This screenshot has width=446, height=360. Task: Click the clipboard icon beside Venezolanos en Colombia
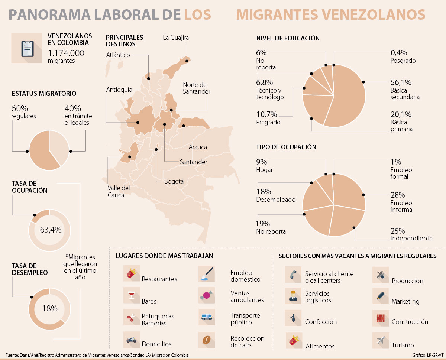click(x=26, y=48)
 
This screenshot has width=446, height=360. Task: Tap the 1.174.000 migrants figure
click(x=66, y=53)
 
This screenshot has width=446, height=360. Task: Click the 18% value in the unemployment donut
click(x=50, y=308)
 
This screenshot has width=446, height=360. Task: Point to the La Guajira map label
click(x=176, y=38)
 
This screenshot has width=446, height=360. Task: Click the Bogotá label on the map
click(x=174, y=181)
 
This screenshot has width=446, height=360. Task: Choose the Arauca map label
click(x=198, y=147)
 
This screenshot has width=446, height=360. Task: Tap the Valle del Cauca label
click(x=119, y=191)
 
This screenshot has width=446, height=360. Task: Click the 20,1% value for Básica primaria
click(x=401, y=114)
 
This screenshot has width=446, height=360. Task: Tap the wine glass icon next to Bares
click(x=131, y=296)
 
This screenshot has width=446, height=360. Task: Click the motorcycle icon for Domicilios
click(x=131, y=340)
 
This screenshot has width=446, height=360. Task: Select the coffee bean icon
click(x=206, y=339)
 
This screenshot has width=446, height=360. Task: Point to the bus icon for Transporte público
click(x=206, y=317)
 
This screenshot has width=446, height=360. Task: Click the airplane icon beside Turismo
click(x=380, y=340)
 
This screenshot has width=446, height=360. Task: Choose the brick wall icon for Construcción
click(x=380, y=318)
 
